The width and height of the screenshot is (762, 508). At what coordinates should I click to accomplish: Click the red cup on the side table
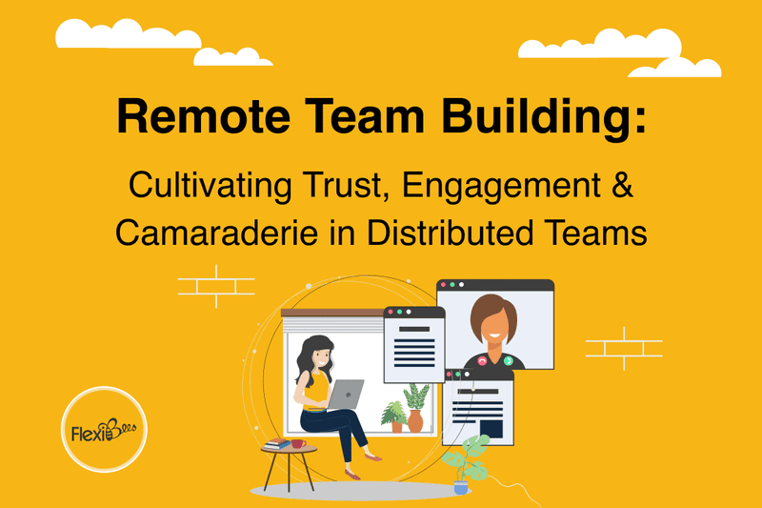297,443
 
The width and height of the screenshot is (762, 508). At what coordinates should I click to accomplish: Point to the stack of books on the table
277,444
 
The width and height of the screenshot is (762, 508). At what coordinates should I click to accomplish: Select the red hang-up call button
483,361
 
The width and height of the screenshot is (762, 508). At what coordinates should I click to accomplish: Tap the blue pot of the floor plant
461,486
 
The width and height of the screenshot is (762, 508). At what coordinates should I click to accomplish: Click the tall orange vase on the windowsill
415,420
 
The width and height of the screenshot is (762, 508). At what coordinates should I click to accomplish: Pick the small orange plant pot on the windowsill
396,426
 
